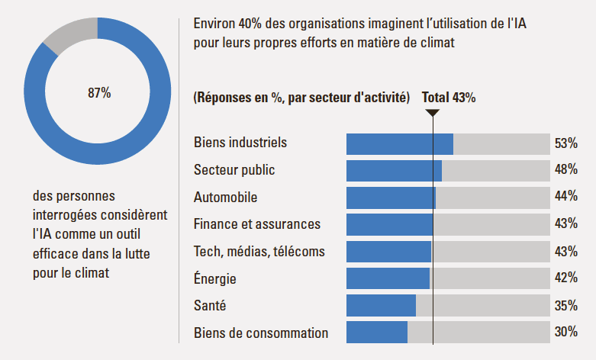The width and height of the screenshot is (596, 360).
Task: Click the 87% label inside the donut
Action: pos(99,93)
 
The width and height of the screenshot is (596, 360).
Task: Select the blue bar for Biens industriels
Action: pos(399,143)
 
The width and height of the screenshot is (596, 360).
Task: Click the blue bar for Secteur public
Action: pos(394,171)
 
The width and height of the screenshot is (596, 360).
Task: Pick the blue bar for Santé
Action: pos(381,305)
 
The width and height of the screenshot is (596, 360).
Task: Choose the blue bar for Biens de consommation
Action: pos(376,333)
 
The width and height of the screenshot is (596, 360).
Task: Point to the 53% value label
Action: pos(565,143)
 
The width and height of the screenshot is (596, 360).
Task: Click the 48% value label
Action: pos(565,170)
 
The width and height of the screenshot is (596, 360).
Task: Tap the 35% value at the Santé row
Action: pos(565,305)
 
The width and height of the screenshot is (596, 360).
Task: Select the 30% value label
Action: pos(565,333)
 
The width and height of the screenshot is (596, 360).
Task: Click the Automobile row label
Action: pos(225,197)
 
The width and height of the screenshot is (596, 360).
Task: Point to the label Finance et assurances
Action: pos(257,224)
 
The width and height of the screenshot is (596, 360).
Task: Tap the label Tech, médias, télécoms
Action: pos(259,251)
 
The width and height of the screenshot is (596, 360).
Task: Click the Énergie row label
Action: pos(215,278)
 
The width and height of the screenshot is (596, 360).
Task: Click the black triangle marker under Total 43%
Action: pos(433,114)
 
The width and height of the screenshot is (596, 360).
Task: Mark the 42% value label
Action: pos(565,278)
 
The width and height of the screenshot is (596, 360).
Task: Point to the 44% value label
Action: pos(565,197)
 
